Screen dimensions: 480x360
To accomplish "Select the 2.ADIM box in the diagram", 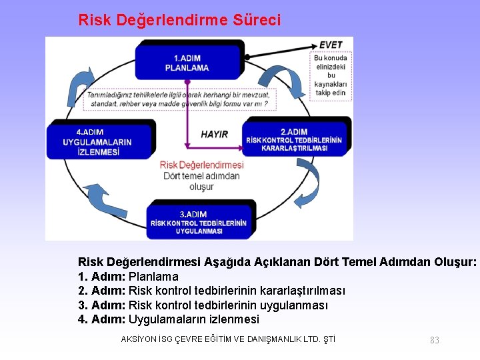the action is pos(294,139).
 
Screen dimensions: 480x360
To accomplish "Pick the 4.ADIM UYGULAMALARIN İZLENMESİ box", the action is pos(98,141).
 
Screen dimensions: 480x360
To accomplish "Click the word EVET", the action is pos(331,45).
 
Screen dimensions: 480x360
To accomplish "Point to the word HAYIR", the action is pos(215,134).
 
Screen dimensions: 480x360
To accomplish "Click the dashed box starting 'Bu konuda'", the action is pos(331,75).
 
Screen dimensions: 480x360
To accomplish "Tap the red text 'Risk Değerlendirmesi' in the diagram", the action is pos(202,165).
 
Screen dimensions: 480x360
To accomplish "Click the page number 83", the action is pos(435,340).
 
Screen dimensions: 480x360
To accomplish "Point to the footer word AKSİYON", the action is pos(137,339).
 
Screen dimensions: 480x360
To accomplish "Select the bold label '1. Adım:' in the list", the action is pos(102,277).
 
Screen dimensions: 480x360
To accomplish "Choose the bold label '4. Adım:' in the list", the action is pos(102,319).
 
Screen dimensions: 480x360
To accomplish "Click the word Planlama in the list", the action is pos(153,277).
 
